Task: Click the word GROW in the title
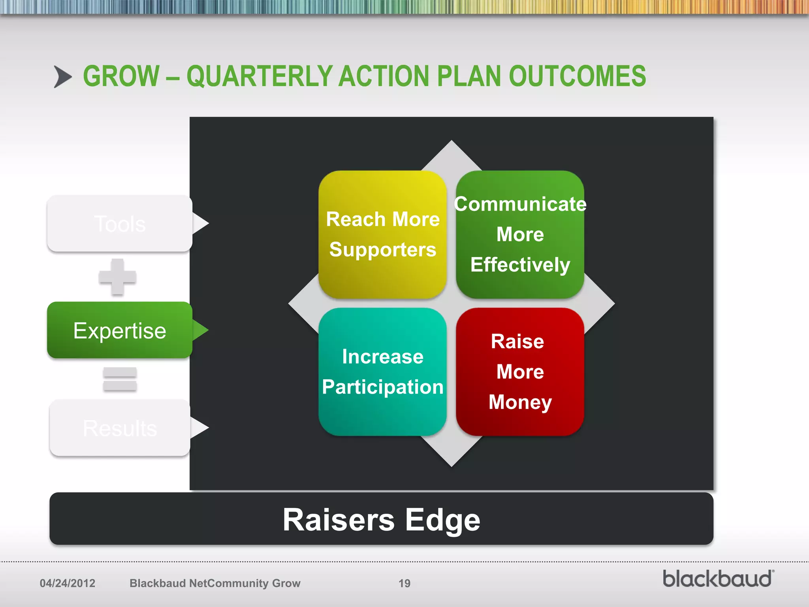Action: pos(121,76)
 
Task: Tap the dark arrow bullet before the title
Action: pos(63,77)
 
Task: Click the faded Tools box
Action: pos(120,224)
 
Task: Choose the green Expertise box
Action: pos(120,330)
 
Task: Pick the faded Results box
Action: pos(120,428)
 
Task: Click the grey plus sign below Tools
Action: pos(117,277)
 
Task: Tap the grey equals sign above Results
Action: pos(120,379)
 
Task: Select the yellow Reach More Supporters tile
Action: pos(382,234)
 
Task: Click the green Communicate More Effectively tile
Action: pos(520,234)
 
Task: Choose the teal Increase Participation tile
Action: pos(382,372)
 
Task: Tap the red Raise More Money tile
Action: pos(520,372)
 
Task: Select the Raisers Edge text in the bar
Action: pos(381,520)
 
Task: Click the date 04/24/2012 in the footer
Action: pos(68,583)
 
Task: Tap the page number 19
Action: pos(404,583)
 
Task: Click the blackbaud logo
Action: pos(718,579)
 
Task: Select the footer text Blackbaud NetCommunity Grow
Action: pos(215,583)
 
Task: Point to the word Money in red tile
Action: pos(520,402)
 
